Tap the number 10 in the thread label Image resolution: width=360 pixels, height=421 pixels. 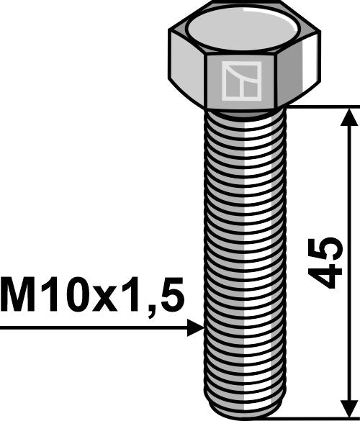(x=67, y=296)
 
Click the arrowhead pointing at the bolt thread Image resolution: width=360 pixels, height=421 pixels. (x=196, y=328)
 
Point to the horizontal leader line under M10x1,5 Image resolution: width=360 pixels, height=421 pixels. (x=94, y=329)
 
